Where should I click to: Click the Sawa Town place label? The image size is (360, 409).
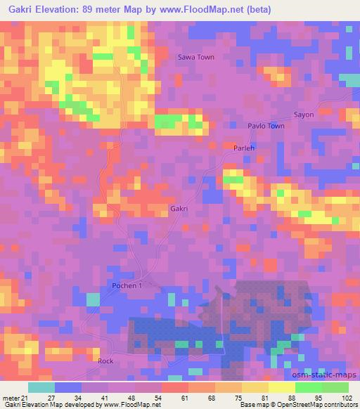(x=195, y=57)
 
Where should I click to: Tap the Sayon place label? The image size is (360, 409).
(x=304, y=114)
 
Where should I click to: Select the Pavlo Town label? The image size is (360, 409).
(x=266, y=126)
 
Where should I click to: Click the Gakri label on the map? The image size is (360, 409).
(x=179, y=209)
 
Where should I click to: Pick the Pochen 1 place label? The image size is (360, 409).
(x=127, y=286)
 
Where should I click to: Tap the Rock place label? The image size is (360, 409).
(x=105, y=360)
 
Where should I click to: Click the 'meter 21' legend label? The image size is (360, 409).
(x=14, y=396)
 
